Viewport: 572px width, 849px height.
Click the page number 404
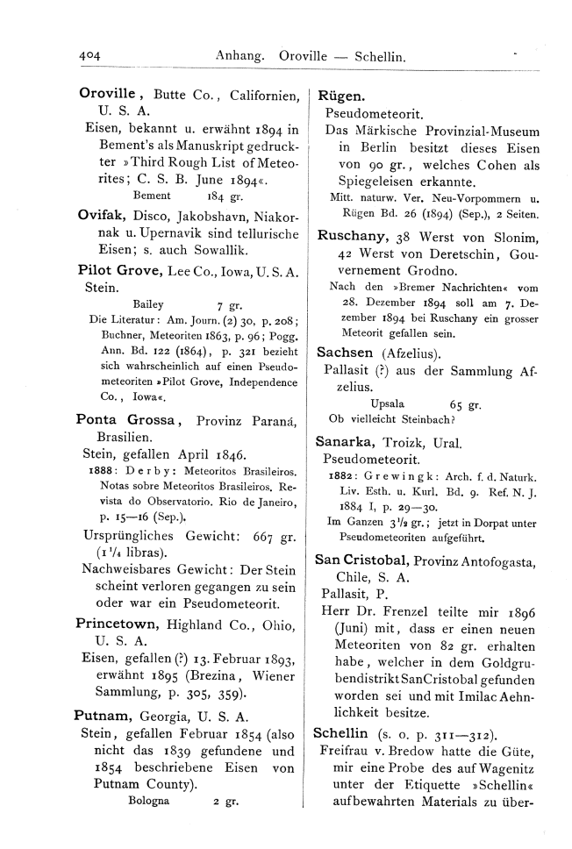point(86,54)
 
